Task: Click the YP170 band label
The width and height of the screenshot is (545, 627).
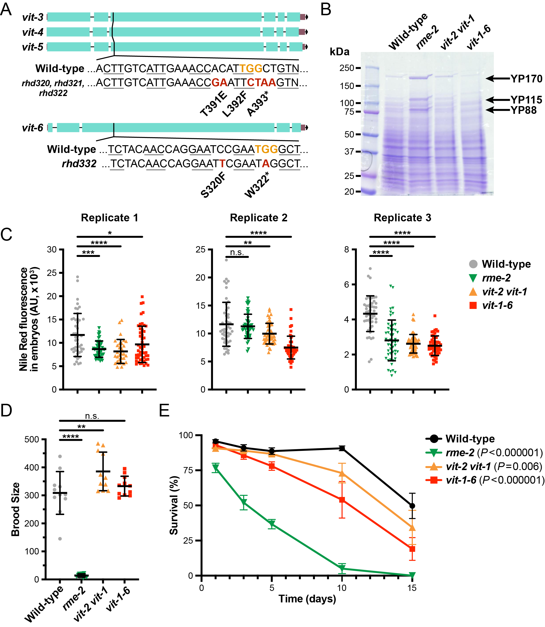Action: click(x=526, y=79)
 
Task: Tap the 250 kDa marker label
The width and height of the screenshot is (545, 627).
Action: click(x=347, y=68)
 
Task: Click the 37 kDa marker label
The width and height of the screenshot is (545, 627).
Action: click(x=349, y=152)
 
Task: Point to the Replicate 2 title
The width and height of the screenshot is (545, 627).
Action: click(x=258, y=218)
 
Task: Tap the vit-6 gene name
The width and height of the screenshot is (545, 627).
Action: click(x=33, y=128)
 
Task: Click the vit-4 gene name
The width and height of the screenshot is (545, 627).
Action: click(x=33, y=32)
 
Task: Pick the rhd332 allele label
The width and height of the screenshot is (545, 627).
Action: click(x=79, y=164)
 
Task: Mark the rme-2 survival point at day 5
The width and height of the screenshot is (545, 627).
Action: click(x=272, y=524)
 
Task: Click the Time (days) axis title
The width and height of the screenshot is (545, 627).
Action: click(x=307, y=599)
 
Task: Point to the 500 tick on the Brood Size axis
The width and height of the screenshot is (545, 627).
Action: click(x=32, y=439)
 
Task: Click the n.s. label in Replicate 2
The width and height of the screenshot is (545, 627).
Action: click(x=237, y=252)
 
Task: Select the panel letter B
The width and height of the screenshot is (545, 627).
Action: click(x=326, y=10)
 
